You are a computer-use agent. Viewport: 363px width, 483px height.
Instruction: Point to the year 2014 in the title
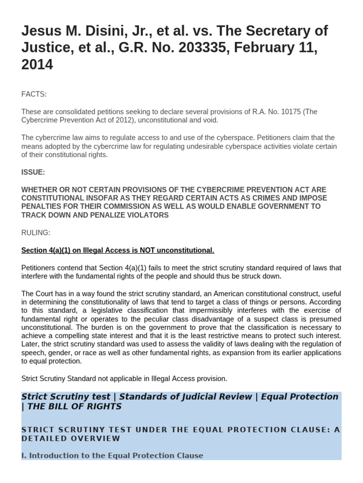[x=37, y=65]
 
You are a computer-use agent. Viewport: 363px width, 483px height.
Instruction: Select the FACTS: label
[x=34, y=94]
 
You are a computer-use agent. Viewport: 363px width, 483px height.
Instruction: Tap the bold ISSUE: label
[x=33, y=172]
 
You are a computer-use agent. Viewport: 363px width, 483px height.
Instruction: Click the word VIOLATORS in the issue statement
[x=147, y=215]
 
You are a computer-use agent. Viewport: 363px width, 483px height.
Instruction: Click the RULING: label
[x=35, y=233]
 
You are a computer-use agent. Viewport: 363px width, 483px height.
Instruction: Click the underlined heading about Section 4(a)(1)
[x=118, y=250]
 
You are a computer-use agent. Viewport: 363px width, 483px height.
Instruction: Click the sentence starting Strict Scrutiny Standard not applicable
[x=124, y=378]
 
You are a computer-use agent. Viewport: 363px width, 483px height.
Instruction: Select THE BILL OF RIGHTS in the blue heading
[x=74, y=407]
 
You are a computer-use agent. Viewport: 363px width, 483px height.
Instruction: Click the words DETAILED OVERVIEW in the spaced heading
[x=71, y=438]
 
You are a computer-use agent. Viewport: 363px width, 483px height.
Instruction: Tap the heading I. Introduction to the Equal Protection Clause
[x=112, y=456]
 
